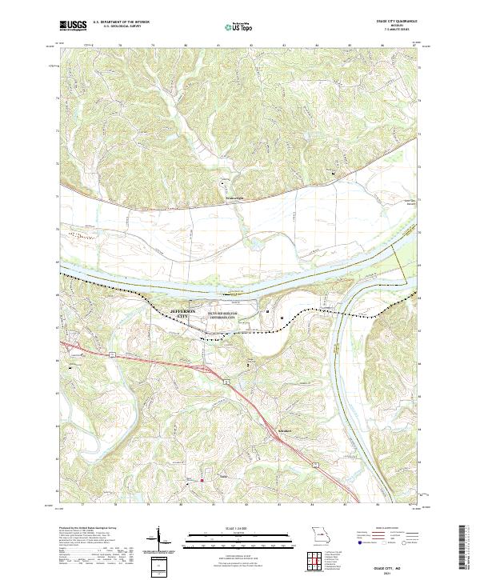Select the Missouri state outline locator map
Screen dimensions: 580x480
pos(319,534)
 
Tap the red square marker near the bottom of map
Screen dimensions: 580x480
pos(202,481)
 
